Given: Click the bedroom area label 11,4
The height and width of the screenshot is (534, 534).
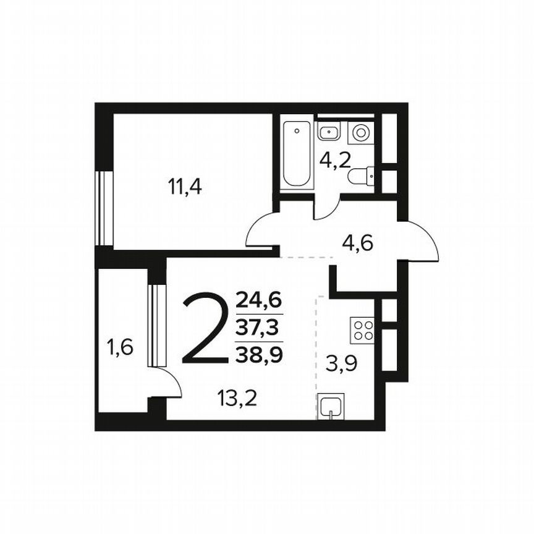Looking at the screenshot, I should click(x=185, y=186).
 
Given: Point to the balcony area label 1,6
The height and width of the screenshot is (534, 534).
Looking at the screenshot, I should click(x=120, y=348).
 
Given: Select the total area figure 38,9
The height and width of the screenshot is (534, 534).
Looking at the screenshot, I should click(x=259, y=354).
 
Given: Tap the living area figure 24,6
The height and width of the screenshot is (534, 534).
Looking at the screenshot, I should click(x=259, y=302).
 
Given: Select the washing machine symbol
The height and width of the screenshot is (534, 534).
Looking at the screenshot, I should click(x=361, y=132).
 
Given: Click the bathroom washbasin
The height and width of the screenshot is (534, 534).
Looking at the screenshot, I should click(x=328, y=131).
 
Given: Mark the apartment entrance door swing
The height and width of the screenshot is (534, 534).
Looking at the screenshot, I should click(x=420, y=241).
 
